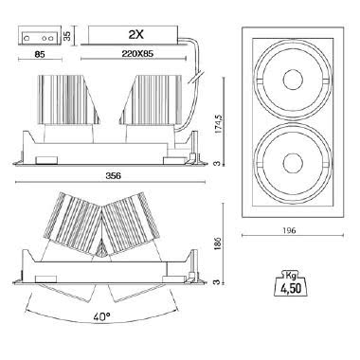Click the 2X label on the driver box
click(136, 34)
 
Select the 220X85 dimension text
click(137, 54)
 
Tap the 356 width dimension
click(113, 176)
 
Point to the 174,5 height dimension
click(219, 125)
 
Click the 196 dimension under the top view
click(289, 231)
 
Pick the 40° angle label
click(101, 316)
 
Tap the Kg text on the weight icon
click(291, 276)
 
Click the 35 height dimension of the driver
click(67, 35)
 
